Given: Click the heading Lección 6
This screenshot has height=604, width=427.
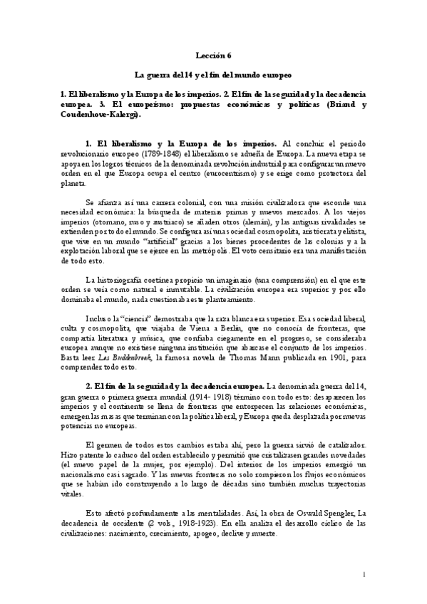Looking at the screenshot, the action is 213,55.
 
